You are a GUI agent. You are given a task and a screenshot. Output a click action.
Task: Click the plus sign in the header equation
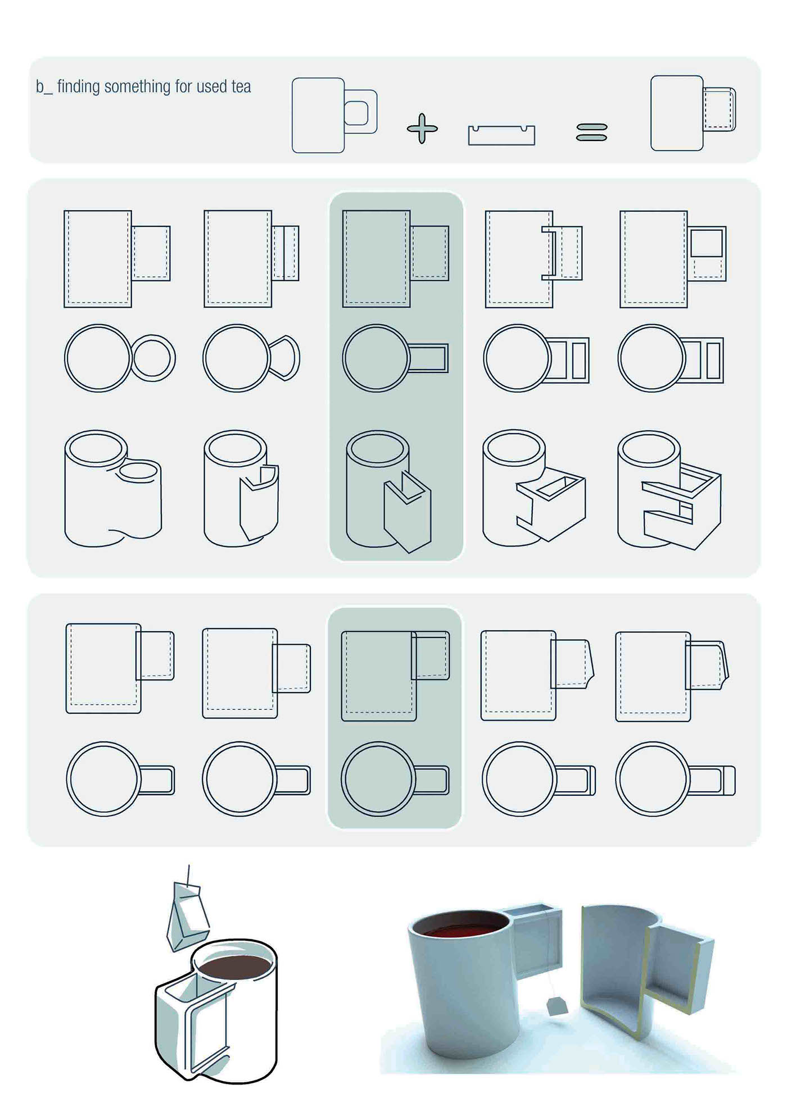click(x=422, y=129)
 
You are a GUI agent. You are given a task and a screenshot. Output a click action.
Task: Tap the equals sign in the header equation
click(x=592, y=133)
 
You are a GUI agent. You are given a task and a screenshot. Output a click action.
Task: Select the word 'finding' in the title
click(x=79, y=86)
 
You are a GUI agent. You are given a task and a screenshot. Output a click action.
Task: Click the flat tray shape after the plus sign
click(x=501, y=135)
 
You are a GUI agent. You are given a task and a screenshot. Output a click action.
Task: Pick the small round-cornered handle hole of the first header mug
click(x=356, y=113)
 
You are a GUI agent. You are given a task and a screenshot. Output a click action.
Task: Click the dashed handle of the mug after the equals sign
click(x=720, y=109)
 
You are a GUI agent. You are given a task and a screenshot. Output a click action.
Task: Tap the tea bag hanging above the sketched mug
click(x=188, y=915)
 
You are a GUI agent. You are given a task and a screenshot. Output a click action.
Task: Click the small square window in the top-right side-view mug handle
click(x=707, y=243)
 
